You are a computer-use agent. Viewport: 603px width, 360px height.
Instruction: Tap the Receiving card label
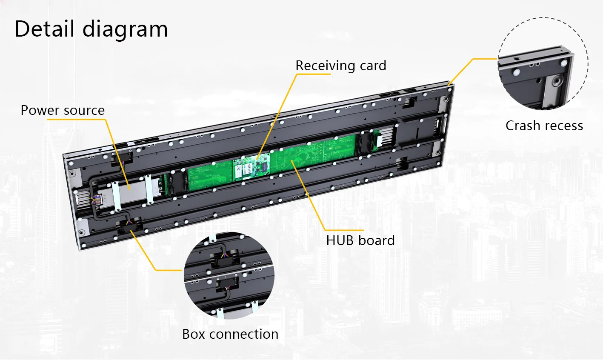(340, 66)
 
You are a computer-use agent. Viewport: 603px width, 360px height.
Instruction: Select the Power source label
(63, 110)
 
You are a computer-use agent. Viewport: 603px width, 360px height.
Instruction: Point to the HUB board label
(360, 240)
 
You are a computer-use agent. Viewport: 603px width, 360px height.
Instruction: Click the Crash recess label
(544, 126)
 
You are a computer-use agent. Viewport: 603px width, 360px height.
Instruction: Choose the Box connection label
(230, 334)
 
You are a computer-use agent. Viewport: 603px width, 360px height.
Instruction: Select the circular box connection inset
(229, 275)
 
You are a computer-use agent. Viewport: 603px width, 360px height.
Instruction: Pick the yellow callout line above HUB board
(311, 196)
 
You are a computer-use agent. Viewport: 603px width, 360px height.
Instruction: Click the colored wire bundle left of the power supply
(97, 199)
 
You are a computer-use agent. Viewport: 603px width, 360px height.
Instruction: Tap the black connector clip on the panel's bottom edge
(130, 224)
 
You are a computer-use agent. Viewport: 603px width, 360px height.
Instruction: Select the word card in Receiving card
(373, 66)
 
